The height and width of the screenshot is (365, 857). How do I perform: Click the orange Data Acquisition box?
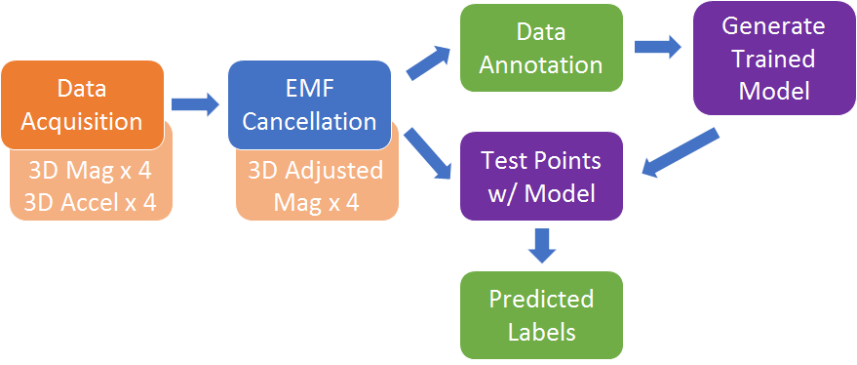click(82, 104)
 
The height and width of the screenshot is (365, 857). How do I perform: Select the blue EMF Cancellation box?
click(309, 104)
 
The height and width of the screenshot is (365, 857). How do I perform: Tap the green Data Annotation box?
click(541, 48)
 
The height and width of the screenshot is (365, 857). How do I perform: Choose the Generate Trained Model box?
click(775, 59)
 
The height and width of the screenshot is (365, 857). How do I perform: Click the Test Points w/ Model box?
click(541, 175)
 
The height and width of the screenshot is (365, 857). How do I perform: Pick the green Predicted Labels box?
click(541, 314)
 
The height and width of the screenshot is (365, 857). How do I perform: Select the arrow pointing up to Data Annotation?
click(425, 63)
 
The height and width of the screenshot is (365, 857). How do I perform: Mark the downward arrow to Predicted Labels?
click(542, 244)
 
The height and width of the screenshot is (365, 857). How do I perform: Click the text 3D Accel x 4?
click(90, 202)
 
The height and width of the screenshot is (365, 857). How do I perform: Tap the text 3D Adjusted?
click(315, 171)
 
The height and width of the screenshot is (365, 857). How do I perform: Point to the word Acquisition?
click(82, 121)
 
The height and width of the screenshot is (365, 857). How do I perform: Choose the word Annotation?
click(541, 65)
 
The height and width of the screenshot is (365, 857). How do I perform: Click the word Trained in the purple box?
click(775, 59)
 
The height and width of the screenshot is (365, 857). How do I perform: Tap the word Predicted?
click(541, 299)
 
